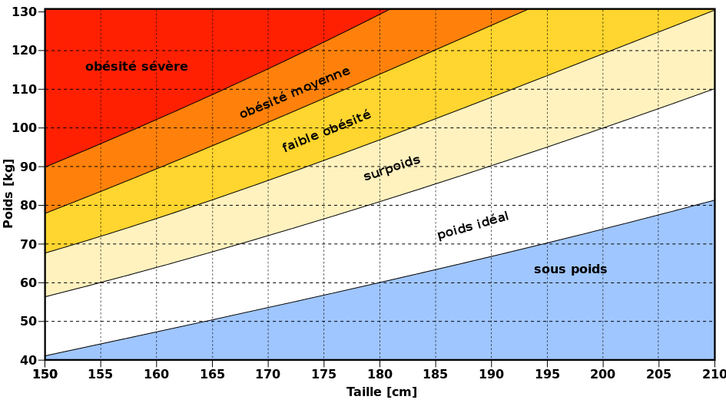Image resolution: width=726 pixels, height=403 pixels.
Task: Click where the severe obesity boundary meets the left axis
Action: pyautogui.click(x=45, y=167)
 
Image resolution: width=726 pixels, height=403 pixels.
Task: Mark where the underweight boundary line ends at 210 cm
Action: pyautogui.click(x=714, y=200)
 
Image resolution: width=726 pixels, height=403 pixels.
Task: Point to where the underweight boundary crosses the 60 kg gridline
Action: pyautogui.click(x=380, y=282)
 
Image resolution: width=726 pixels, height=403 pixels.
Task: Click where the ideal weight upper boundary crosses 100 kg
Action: pyautogui.click(x=603, y=127)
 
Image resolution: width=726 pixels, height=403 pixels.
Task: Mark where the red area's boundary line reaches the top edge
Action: pyautogui.click(x=390, y=9)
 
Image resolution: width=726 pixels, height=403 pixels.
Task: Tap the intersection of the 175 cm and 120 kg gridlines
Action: pyautogui.click(x=323, y=51)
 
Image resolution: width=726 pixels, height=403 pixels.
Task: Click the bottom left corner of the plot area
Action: pyautogui.click(x=45, y=360)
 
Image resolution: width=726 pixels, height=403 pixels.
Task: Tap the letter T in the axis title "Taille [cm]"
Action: pyautogui.click(x=350, y=391)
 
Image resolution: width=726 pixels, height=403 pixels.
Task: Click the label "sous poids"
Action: pyautogui.click(x=570, y=269)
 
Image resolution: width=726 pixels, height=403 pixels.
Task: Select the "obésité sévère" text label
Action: pyautogui.click(x=137, y=67)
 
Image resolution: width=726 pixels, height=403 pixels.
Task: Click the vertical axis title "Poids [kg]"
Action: pyautogui.click(x=8, y=193)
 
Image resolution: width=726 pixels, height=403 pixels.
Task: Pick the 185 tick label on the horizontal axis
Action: pyautogui.click(x=436, y=374)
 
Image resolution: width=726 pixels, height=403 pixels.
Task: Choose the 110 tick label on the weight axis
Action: pyautogui.click(x=24, y=89)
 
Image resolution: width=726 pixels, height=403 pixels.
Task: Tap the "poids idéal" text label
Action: pyautogui.click(x=473, y=226)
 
